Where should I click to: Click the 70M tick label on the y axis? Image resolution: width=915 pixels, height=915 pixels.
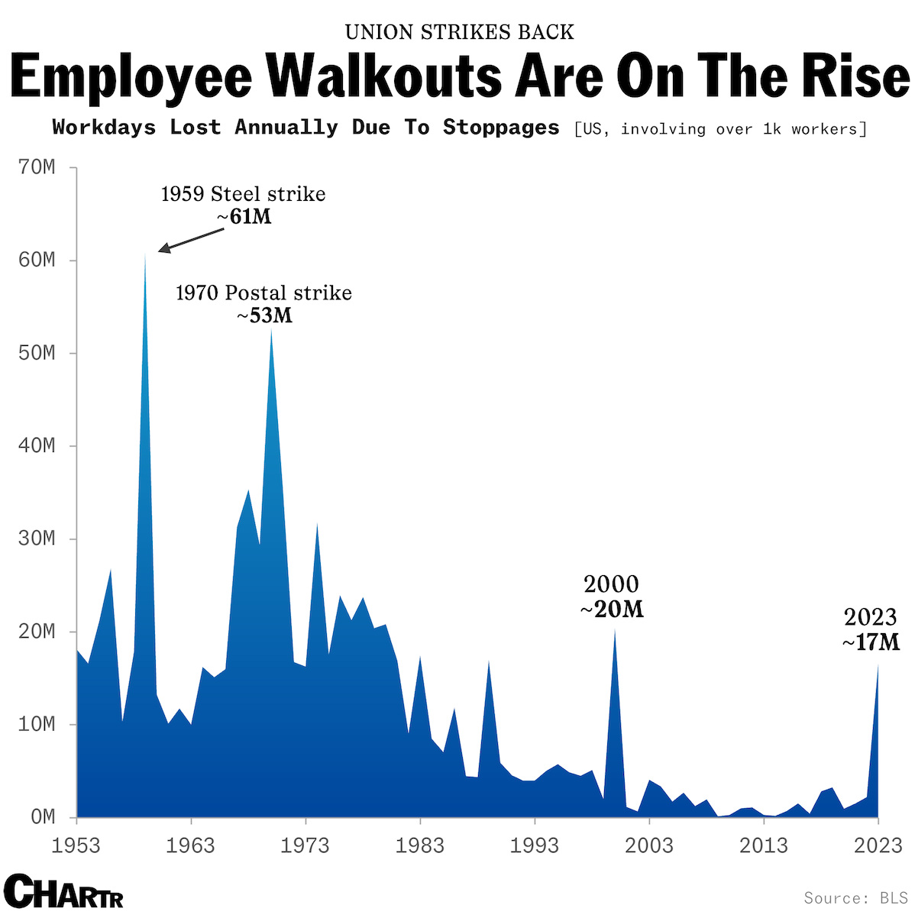tap(37, 167)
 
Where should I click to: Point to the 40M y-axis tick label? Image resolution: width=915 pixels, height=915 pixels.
tap(37, 446)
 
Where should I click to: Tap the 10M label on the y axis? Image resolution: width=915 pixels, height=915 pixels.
tap(37, 724)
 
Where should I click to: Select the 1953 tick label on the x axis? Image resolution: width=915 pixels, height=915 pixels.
tap(76, 845)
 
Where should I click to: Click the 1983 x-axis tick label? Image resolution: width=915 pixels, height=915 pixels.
tap(420, 845)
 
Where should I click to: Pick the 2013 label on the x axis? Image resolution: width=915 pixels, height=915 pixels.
tap(764, 845)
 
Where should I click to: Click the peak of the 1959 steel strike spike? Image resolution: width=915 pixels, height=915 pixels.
tap(145, 254)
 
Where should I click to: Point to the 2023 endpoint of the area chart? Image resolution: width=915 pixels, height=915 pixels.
tap(878, 665)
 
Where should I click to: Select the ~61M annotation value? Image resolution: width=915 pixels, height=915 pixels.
tap(244, 218)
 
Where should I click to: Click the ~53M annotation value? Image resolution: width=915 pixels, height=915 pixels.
tap(264, 316)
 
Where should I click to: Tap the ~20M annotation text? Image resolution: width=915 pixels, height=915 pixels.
tap(612, 609)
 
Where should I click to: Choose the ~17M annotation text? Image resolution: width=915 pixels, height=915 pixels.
tap(871, 642)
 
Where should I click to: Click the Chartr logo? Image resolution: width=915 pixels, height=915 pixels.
tap(63, 891)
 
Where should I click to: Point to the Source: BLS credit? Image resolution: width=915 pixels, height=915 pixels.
tap(855, 898)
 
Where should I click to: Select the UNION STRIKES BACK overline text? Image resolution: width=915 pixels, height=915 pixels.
tap(459, 32)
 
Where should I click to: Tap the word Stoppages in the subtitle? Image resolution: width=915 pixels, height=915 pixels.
tap(501, 128)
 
